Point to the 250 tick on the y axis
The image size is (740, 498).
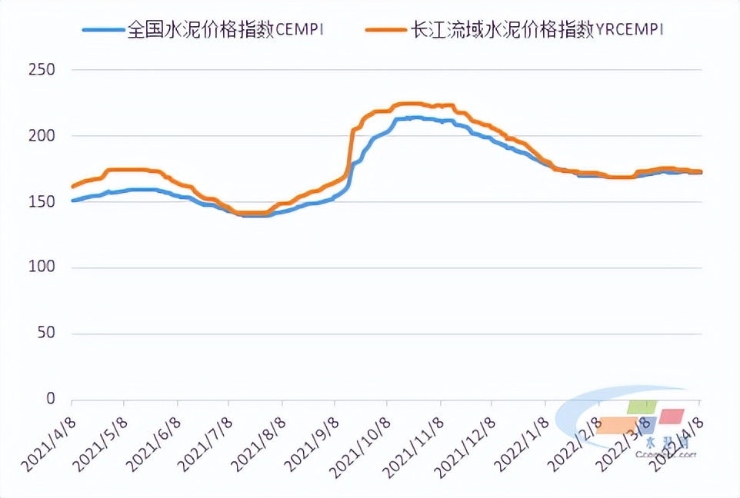point(41,70)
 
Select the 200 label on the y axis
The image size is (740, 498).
point(41,136)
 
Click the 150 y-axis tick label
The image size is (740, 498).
point(41,202)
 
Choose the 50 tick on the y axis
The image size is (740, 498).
point(45,334)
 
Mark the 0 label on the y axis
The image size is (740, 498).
point(50,400)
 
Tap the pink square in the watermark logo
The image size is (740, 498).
point(672,416)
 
